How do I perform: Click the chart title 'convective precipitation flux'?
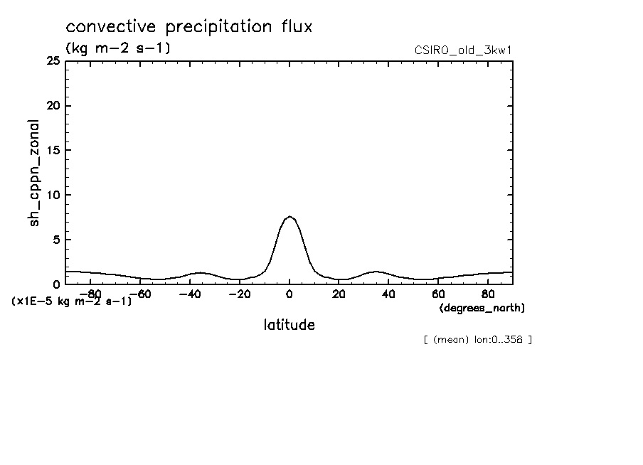click(189, 27)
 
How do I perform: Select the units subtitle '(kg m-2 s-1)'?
click(117, 48)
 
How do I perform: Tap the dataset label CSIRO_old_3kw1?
click(462, 50)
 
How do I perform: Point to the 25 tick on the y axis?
click(52, 61)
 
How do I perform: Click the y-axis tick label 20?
click(52, 106)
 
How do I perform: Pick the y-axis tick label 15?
click(52, 151)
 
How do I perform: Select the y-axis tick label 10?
click(52, 195)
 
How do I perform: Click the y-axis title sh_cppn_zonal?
click(34, 173)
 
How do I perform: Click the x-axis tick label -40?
click(188, 294)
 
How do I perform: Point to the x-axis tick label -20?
click(238, 294)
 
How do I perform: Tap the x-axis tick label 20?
click(339, 294)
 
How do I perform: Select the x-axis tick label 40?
click(388, 294)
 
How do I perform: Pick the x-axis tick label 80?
click(488, 294)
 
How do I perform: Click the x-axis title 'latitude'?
click(289, 325)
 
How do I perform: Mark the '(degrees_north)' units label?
click(482, 308)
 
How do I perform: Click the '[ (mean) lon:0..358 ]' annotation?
click(477, 339)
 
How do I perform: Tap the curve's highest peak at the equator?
click(289, 216)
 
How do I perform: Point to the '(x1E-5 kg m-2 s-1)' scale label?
click(72, 301)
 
